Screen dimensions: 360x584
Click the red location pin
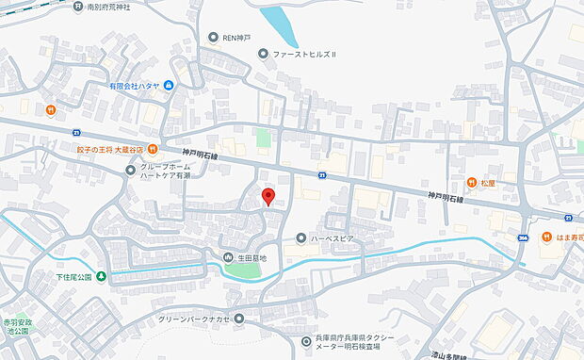268,196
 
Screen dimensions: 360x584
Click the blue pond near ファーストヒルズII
279,25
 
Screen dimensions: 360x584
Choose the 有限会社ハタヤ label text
133,86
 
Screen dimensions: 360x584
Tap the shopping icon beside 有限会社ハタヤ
169,86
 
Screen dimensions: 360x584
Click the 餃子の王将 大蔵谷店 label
110,149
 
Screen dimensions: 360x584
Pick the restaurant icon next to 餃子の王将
152,149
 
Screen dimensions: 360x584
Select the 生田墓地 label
252,257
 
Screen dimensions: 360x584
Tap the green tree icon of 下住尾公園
101,276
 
